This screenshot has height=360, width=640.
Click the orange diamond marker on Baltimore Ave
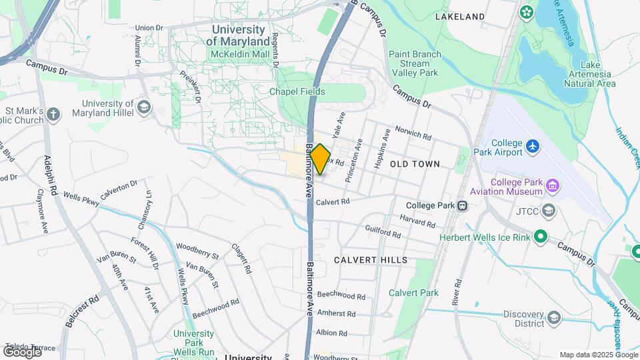(x=320, y=159)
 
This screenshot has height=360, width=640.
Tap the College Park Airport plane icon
(x=532, y=145)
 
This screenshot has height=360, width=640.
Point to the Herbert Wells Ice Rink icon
(x=541, y=236)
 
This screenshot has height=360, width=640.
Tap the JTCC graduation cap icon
(x=548, y=211)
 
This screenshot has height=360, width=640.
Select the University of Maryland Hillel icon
(x=143, y=107)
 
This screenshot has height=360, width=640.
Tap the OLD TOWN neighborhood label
(x=415, y=163)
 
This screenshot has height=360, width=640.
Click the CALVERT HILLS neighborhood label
(x=371, y=259)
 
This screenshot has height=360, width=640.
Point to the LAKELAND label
(x=459, y=16)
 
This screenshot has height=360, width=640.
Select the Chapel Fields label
(x=297, y=91)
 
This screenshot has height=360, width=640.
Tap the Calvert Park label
(x=413, y=293)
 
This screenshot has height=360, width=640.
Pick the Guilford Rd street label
(x=383, y=231)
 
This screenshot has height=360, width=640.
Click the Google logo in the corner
(x=21, y=351)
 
